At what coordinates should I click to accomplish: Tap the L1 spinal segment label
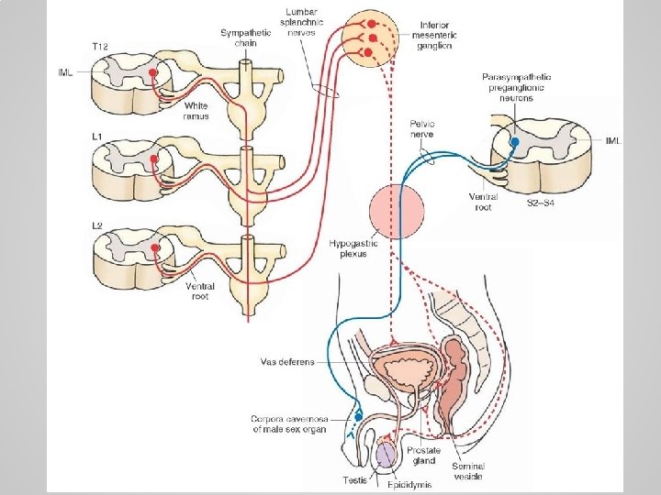pyautogui.click(x=96, y=137)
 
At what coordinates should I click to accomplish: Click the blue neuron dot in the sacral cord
pyautogui.click(x=515, y=143)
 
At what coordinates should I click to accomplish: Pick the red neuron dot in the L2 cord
pyautogui.click(x=155, y=247)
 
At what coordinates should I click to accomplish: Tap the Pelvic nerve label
pyautogui.click(x=421, y=128)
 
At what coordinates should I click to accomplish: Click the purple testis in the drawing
pyautogui.click(x=386, y=451)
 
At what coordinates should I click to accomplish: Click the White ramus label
pyautogui.click(x=196, y=112)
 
